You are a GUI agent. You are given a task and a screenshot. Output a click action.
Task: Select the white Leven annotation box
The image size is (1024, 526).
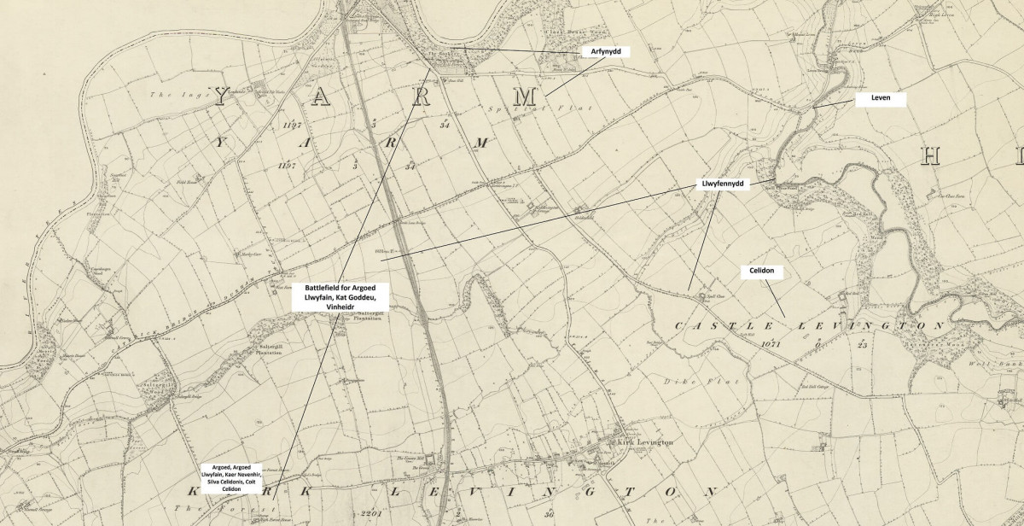coord(880,100)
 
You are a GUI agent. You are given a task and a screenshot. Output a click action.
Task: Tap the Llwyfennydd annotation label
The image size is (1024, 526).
coord(721,184)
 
